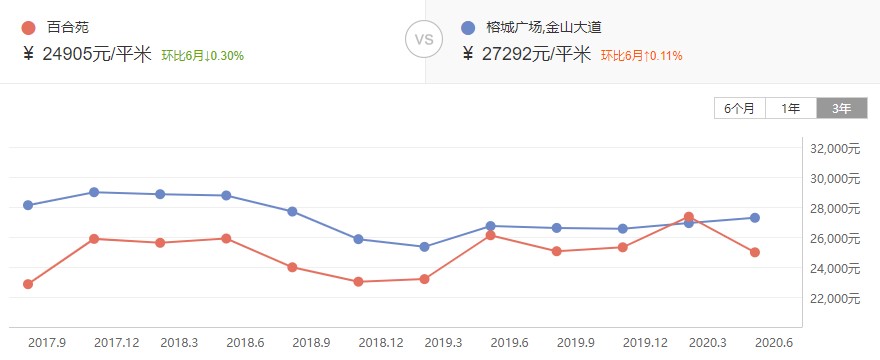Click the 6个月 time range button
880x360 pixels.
click(x=740, y=108)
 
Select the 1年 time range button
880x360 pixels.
click(x=791, y=108)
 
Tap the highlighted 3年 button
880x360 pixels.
click(x=841, y=108)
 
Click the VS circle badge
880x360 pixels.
click(x=424, y=41)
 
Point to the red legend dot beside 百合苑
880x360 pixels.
click(x=27, y=28)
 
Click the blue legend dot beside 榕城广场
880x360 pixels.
click(x=468, y=28)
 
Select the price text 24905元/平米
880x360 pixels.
click(x=95, y=54)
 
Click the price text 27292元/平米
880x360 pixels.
click(x=536, y=54)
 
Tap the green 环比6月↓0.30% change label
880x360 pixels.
click(x=202, y=55)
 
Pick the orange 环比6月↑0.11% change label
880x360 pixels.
click(x=641, y=55)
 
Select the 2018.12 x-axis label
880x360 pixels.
click(x=381, y=342)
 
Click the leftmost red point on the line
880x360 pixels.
click(x=28, y=284)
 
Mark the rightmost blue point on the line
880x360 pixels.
click(x=755, y=218)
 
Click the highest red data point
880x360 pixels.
click(x=689, y=216)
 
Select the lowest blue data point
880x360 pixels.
click(x=424, y=246)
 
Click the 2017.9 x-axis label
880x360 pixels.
click(x=47, y=342)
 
